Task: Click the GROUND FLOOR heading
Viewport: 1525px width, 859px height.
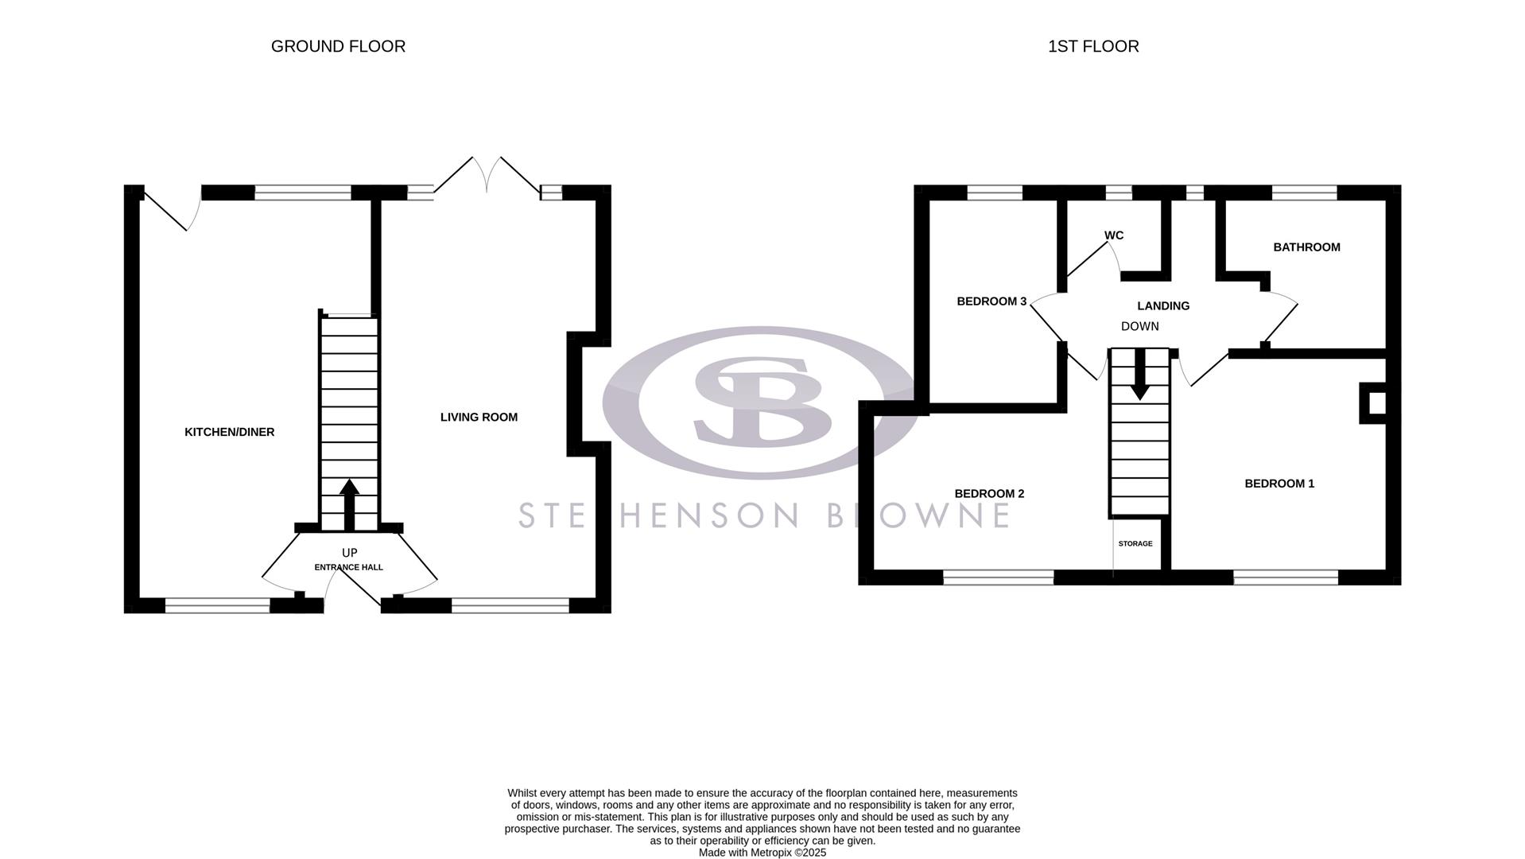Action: (x=338, y=47)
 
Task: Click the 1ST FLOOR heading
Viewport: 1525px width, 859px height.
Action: (x=1093, y=47)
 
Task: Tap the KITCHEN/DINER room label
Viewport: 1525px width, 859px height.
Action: (x=229, y=432)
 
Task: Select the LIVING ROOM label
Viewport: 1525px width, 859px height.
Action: (x=479, y=417)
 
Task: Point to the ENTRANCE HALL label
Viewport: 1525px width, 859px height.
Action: (x=348, y=567)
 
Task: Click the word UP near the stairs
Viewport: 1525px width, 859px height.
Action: (x=349, y=553)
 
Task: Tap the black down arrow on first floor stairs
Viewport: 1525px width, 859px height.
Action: (x=1139, y=374)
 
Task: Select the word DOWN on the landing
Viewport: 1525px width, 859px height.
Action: (x=1139, y=326)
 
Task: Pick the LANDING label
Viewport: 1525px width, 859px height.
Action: (x=1162, y=305)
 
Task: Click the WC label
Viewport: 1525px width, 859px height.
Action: (x=1113, y=235)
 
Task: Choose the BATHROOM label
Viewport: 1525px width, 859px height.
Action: (x=1306, y=247)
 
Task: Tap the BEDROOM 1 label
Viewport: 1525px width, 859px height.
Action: (x=1279, y=484)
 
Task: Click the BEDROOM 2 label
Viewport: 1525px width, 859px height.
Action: (x=989, y=494)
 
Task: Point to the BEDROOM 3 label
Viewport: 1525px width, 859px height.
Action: (x=991, y=301)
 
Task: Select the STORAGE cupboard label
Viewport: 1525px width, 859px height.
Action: (x=1135, y=544)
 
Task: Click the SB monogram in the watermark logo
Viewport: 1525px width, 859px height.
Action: (x=761, y=401)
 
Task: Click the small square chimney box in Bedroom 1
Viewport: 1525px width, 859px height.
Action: (x=1376, y=403)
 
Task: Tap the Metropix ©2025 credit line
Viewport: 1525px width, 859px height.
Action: (x=762, y=853)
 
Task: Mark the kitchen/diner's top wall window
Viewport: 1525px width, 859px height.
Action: (x=302, y=192)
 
